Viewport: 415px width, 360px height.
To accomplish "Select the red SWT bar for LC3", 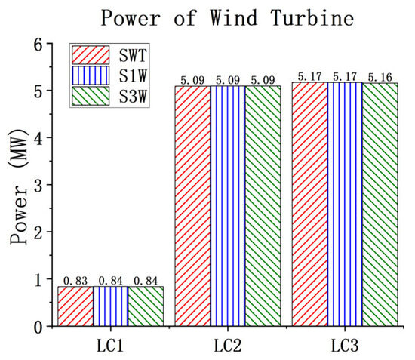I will coord(309,204).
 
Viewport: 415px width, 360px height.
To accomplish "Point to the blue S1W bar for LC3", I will coord(344,204).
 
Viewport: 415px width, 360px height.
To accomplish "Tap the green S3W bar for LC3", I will coord(380,204).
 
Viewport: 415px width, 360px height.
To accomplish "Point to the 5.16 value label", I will coord(380,77).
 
